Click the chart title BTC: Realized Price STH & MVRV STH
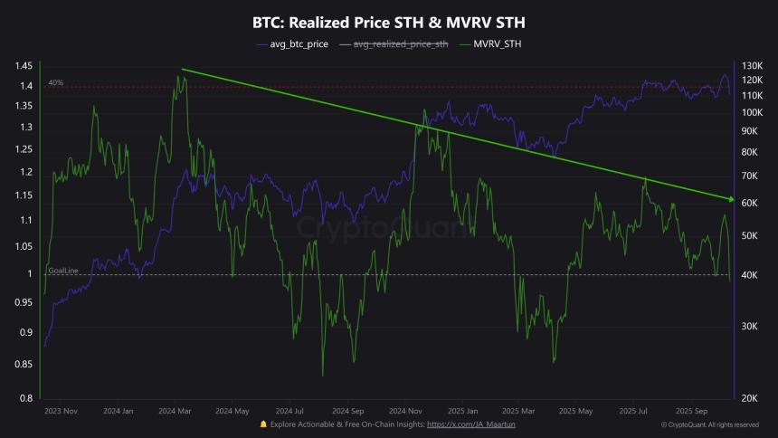(x=388, y=20)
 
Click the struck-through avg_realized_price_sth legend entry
(x=400, y=43)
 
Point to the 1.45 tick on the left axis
(x=24, y=66)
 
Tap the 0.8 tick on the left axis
(x=27, y=398)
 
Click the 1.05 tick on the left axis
(x=24, y=245)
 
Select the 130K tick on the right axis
(x=753, y=66)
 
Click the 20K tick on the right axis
(x=753, y=398)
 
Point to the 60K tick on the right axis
(x=753, y=204)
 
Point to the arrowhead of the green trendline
(x=729, y=198)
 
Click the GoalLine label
(x=62, y=270)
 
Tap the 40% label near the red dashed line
(x=56, y=82)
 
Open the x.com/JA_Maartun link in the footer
(x=471, y=424)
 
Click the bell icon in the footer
(x=263, y=424)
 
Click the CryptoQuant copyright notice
(x=710, y=424)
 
